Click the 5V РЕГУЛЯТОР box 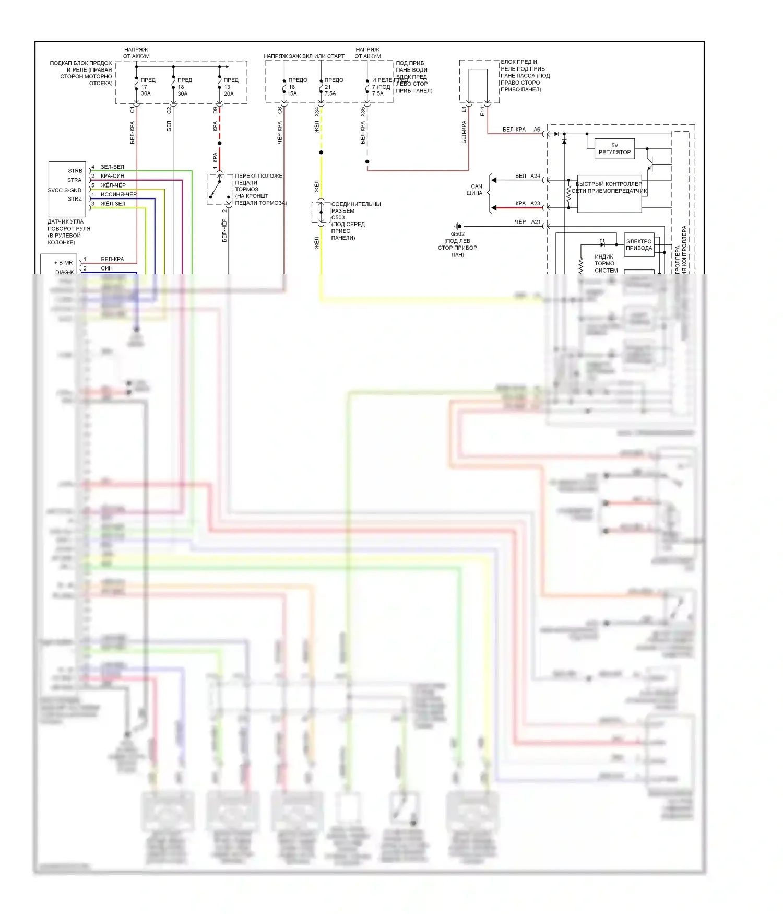tap(614, 149)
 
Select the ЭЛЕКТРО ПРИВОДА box tap(639, 244)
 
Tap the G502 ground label tap(457, 234)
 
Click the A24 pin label tap(535, 176)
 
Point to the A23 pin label tap(535, 203)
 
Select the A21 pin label tap(536, 222)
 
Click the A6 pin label tap(537, 130)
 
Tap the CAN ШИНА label tap(475, 190)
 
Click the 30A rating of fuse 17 tap(146, 93)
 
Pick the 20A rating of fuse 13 tap(229, 93)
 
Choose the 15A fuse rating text tap(292, 93)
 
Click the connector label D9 tap(215, 110)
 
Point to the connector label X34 tap(316, 112)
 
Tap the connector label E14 tap(482, 111)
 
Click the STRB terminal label tap(75, 171)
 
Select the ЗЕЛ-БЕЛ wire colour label tap(112, 167)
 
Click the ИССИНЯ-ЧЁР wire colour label tap(118, 194)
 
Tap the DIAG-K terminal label tap(64, 272)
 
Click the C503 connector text tap(338, 217)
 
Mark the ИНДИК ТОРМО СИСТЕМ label tap(606, 263)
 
